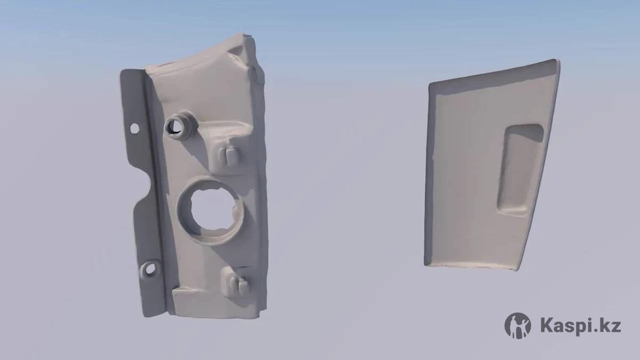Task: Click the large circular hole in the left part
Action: (211, 211)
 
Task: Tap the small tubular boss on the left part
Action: (181, 125)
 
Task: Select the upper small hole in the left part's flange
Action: (134, 129)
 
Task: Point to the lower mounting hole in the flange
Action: (150, 269)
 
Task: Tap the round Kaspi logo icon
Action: (518, 325)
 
